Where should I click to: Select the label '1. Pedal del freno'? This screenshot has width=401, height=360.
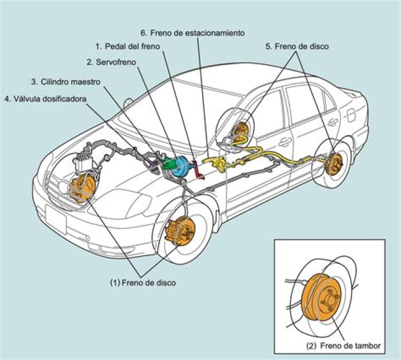(x=128, y=47)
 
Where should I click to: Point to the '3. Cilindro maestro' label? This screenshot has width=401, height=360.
(x=66, y=81)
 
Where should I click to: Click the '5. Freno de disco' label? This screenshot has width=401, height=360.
(x=297, y=47)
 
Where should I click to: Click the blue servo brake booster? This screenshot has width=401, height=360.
(x=179, y=167)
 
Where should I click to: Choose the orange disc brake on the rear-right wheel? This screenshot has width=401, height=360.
(x=335, y=162)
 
